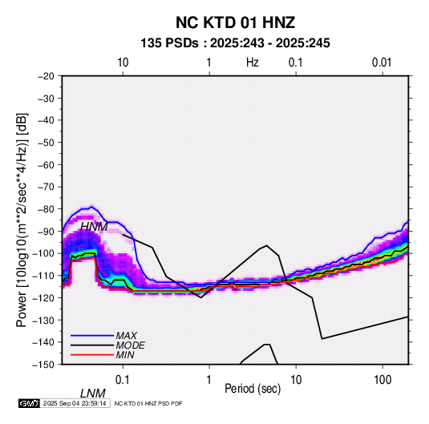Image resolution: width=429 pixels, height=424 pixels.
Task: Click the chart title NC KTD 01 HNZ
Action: tap(235, 22)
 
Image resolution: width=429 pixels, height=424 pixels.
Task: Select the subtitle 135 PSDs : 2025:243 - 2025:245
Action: tap(235, 43)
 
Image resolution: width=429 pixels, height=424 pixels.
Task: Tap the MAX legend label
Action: tap(127, 335)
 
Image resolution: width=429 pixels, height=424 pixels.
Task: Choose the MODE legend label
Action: tap(130, 345)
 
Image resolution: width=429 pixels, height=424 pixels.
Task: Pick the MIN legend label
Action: tap(125, 355)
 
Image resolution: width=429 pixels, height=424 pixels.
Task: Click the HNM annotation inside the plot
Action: tap(94, 227)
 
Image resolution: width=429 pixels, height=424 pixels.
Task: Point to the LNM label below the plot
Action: tap(93, 394)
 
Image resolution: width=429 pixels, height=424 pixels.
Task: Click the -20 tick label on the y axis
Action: tap(46, 76)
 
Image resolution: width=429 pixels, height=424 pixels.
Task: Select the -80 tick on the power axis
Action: tap(46, 209)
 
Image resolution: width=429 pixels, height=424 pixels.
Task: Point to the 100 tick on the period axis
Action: tap(382, 380)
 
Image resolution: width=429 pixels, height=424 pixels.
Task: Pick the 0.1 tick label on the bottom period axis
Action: tap(123, 380)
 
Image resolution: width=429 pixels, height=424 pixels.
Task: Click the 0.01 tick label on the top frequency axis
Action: tap(382, 63)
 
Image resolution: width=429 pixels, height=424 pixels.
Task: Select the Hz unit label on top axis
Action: tap(253, 63)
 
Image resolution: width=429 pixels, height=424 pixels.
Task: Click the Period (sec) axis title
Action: tap(253, 389)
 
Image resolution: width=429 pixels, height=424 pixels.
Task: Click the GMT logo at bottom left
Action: tap(30, 403)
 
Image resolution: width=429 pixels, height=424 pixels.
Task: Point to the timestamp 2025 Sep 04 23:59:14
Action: tap(75, 403)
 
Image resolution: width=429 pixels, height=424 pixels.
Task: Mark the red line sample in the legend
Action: tap(92, 355)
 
